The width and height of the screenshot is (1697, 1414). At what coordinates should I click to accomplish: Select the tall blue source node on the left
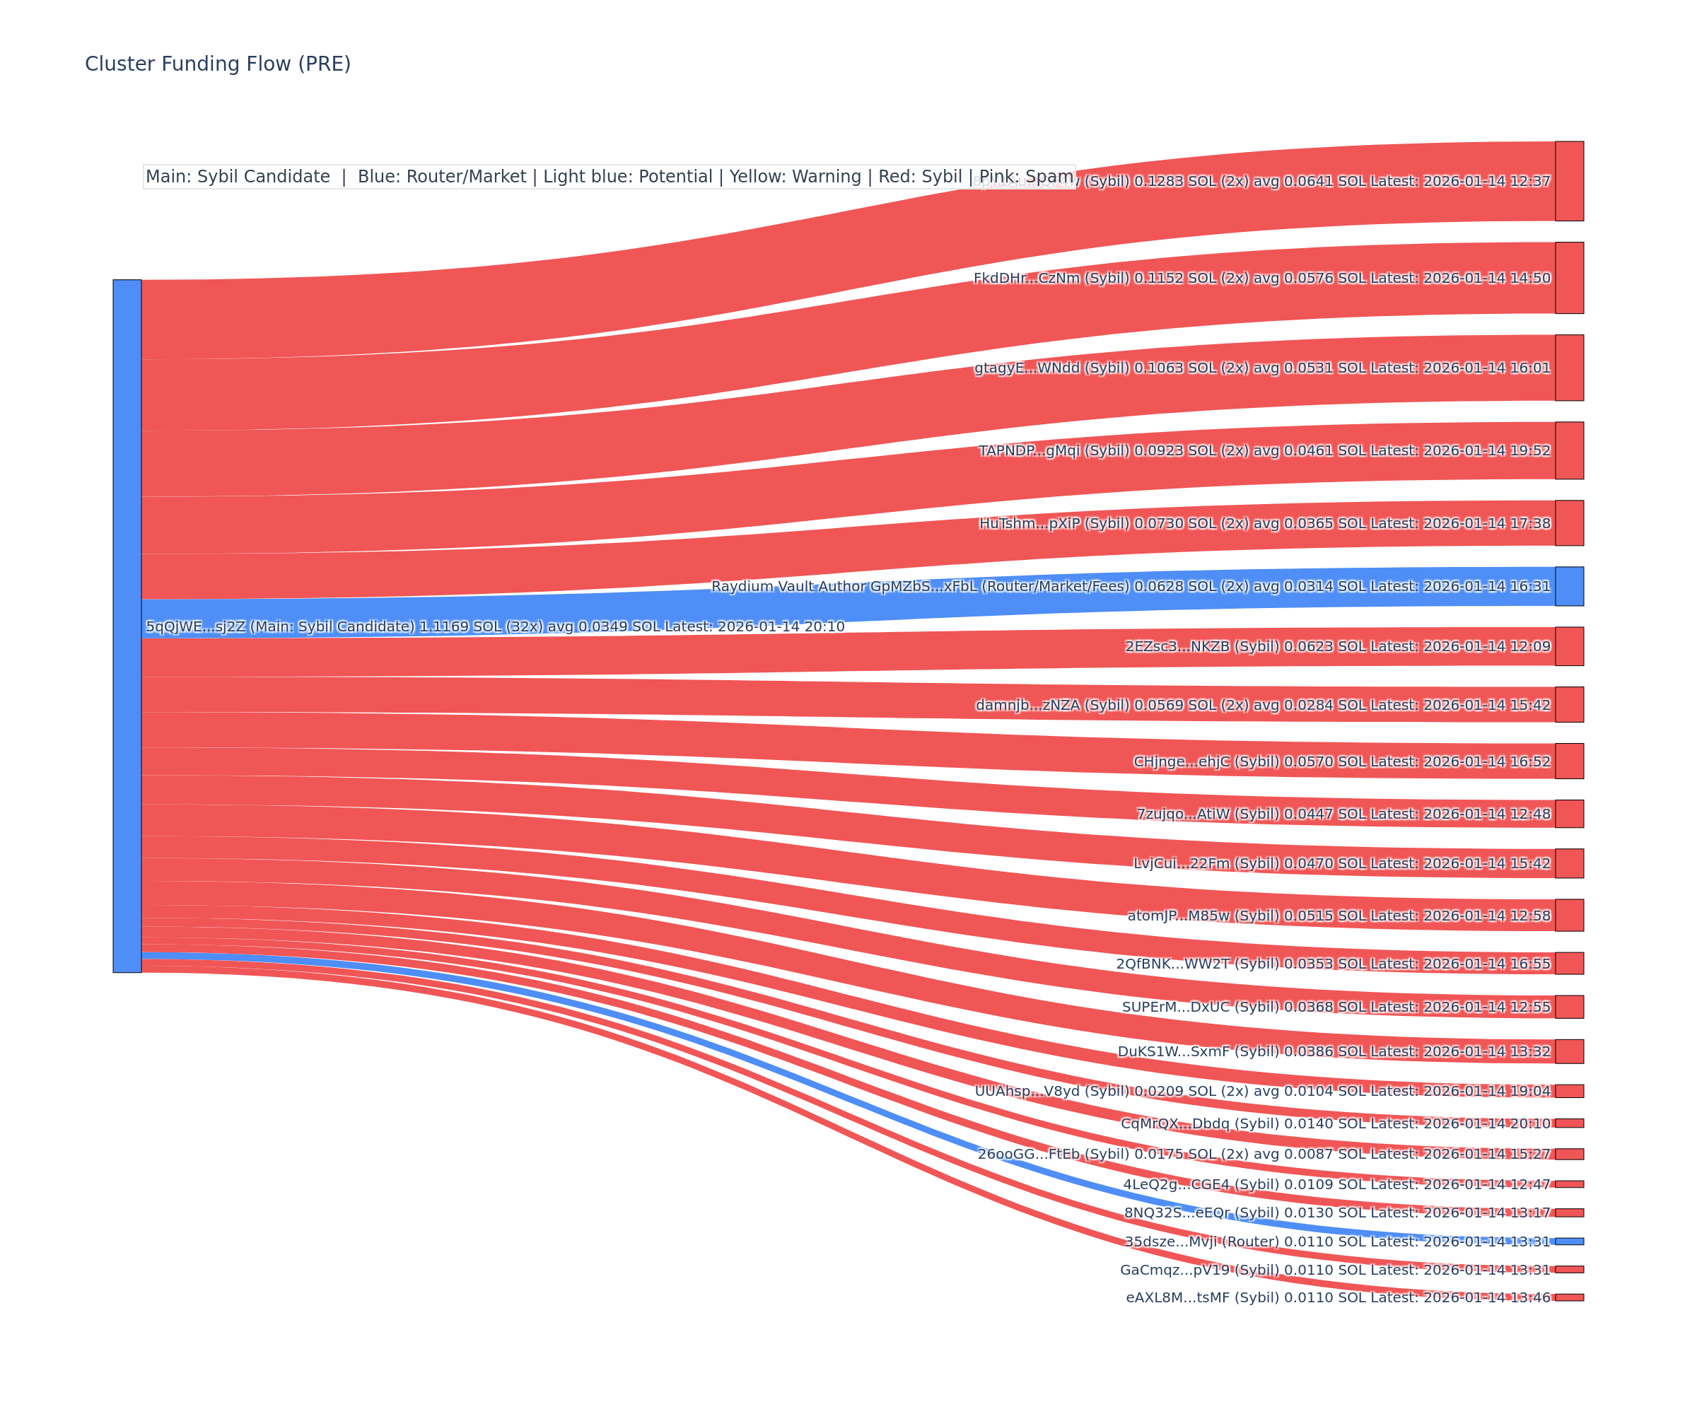point(127,626)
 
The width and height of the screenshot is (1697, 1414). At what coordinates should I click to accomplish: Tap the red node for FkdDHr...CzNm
point(1568,278)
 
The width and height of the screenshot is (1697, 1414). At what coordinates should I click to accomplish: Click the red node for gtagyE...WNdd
point(1568,368)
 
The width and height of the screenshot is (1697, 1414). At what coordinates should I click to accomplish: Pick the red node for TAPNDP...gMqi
point(1568,450)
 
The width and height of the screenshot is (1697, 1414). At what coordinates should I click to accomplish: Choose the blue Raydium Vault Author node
point(1568,586)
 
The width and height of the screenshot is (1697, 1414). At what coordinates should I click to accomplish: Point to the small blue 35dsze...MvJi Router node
point(1568,1241)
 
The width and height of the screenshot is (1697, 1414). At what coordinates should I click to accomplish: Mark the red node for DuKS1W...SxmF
point(1568,1051)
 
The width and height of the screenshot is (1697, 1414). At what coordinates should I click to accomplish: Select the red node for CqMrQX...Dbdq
point(1568,1123)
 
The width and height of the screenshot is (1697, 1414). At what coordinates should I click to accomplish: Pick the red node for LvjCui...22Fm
point(1568,863)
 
